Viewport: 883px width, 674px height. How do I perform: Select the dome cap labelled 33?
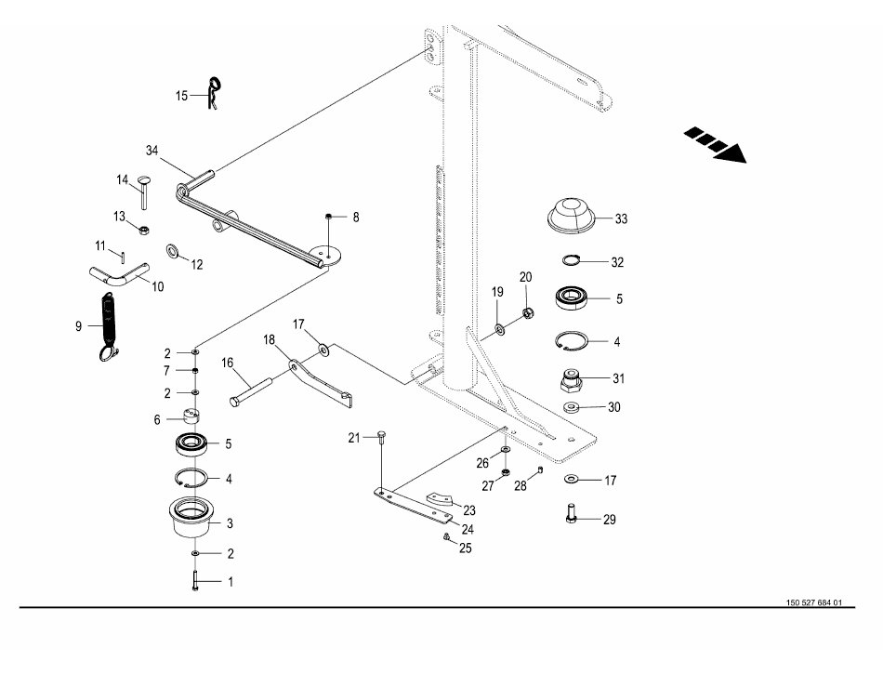[572, 215]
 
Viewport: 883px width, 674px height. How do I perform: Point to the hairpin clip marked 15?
[214, 93]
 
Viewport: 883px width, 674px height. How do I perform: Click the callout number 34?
[152, 151]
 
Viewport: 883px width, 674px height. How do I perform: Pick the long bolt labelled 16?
[252, 391]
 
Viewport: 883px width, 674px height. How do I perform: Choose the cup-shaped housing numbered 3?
[191, 517]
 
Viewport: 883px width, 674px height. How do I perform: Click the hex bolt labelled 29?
[572, 512]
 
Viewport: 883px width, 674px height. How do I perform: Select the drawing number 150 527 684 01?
[813, 602]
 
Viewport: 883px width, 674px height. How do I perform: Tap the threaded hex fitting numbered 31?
[571, 382]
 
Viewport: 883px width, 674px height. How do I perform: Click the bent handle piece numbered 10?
[119, 274]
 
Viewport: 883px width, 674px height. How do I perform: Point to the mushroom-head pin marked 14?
[144, 192]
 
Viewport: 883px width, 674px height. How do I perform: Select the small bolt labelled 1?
[195, 580]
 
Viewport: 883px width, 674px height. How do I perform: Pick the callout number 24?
[468, 529]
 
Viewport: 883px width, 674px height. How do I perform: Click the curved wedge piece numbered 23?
[439, 499]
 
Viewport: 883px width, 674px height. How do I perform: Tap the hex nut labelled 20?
[528, 312]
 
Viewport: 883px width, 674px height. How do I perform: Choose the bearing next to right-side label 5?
[573, 297]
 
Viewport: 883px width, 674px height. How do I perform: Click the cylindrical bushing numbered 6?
[191, 416]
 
